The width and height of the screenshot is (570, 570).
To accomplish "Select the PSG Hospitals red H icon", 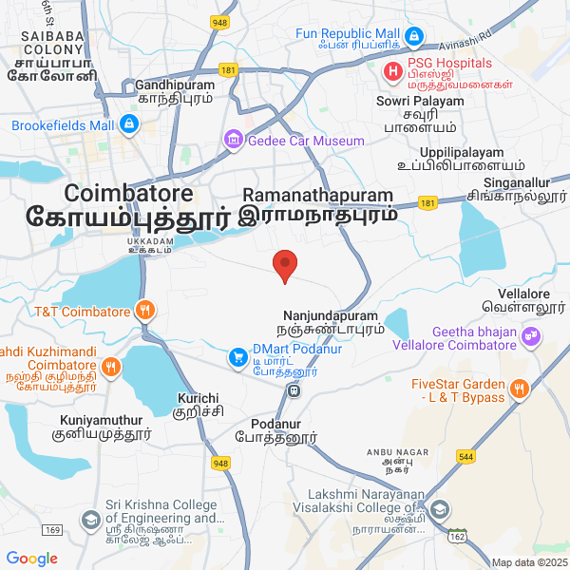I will (390, 71).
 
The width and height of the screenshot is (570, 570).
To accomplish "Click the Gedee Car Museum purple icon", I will (233, 141).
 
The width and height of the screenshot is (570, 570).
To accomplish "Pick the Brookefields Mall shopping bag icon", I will (130, 124).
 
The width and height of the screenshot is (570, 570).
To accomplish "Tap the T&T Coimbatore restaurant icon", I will (143, 310).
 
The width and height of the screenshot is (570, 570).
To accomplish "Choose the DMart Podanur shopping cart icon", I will (237, 357).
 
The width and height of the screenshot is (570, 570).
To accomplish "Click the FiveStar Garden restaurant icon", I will (519, 389).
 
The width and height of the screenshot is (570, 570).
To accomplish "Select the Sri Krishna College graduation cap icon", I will (90, 520).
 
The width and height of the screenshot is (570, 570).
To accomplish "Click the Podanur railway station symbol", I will (295, 389).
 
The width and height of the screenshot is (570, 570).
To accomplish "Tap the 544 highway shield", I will (491, 456).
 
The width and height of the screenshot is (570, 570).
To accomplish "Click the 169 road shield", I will (52, 529).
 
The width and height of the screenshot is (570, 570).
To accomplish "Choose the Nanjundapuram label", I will (330, 314).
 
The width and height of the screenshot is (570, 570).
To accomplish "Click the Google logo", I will (32, 559).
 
